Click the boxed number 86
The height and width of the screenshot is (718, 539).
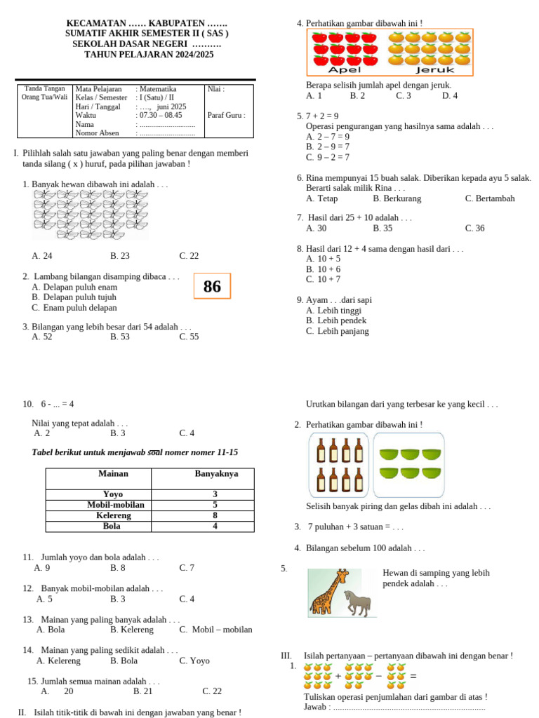click(212, 286)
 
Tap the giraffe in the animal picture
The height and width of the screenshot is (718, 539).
click(326, 593)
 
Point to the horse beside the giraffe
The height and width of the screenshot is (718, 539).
click(357, 602)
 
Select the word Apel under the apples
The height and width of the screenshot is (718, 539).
click(344, 70)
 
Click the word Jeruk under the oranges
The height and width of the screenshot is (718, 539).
click(435, 70)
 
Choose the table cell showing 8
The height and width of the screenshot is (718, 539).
click(215, 515)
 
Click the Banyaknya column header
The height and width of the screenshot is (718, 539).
click(216, 474)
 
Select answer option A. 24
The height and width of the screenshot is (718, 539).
click(42, 256)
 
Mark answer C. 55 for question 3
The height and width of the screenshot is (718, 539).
click(189, 337)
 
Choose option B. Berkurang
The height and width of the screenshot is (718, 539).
click(397, 198)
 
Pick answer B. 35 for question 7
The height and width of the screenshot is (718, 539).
click(382, 228)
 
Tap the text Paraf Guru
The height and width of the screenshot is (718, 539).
click(226, 115)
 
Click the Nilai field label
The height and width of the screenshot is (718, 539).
click(215, 89)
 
